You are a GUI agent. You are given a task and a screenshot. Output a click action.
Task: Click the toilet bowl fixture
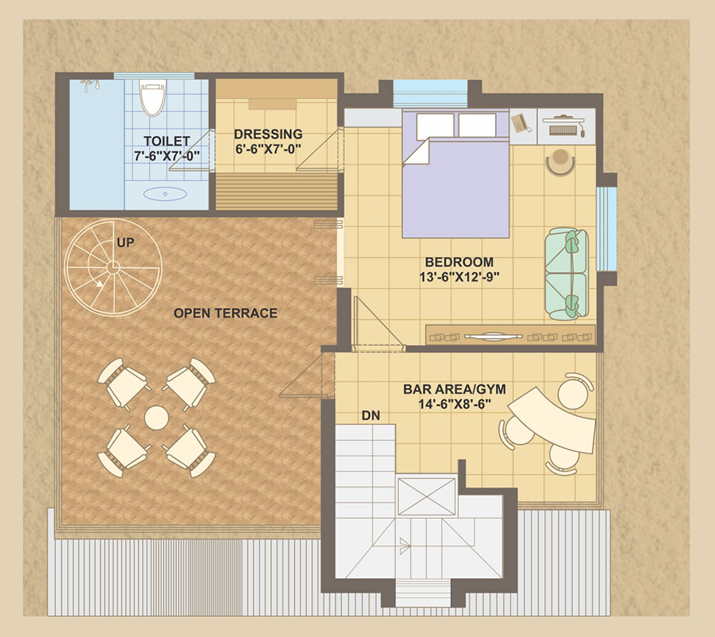click(x=152, y=98)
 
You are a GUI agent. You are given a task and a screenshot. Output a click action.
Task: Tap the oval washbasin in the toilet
click(x=165, y=194)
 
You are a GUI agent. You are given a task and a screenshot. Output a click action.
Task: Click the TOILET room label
click(x=167, y=141)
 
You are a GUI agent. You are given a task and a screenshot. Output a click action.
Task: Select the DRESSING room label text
click(x=268, y=134)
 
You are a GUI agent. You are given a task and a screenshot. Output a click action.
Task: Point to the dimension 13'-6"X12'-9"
click(x=459, y=277)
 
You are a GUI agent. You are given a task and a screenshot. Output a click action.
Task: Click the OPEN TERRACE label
click(x=226, y=313)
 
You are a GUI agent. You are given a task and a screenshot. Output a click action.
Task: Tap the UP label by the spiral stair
click(x=125, y=242)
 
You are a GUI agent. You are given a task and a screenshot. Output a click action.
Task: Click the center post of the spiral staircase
click(x=113, y=267)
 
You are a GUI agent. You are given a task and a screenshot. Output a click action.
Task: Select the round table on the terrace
click(x=157, y=418)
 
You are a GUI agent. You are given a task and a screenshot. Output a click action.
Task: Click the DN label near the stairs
click(x=370, y=415)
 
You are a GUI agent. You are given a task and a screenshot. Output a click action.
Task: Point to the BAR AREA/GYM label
click(x=455, y=390)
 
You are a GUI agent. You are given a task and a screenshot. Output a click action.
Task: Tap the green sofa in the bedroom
click(x=567, y=274)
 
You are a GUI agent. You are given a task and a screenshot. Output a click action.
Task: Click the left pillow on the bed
click(x=435, y=125)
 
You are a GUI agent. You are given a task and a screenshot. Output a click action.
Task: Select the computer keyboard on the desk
click(x=563, y=130)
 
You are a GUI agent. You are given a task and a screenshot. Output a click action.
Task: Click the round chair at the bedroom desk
click(x=561, y=162)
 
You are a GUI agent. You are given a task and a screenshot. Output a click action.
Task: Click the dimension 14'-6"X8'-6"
click(x=455, y=404)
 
